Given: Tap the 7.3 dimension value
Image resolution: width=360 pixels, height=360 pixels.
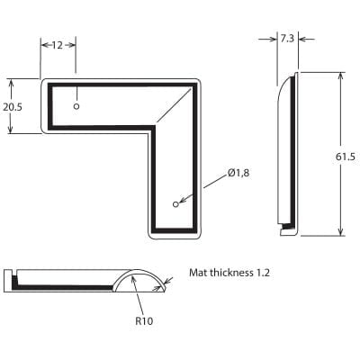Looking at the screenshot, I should tap(287, 39).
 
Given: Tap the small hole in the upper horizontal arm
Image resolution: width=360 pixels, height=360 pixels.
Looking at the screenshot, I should tap(76, 106).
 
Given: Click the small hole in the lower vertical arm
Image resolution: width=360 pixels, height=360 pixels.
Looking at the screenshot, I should tap(176, 202).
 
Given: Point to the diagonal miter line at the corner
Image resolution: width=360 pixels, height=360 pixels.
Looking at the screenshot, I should tap(175, 105).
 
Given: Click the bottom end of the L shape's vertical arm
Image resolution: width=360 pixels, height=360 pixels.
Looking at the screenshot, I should tap(175, 236).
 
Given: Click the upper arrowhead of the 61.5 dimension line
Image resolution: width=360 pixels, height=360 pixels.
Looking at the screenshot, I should tap(340, 77).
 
